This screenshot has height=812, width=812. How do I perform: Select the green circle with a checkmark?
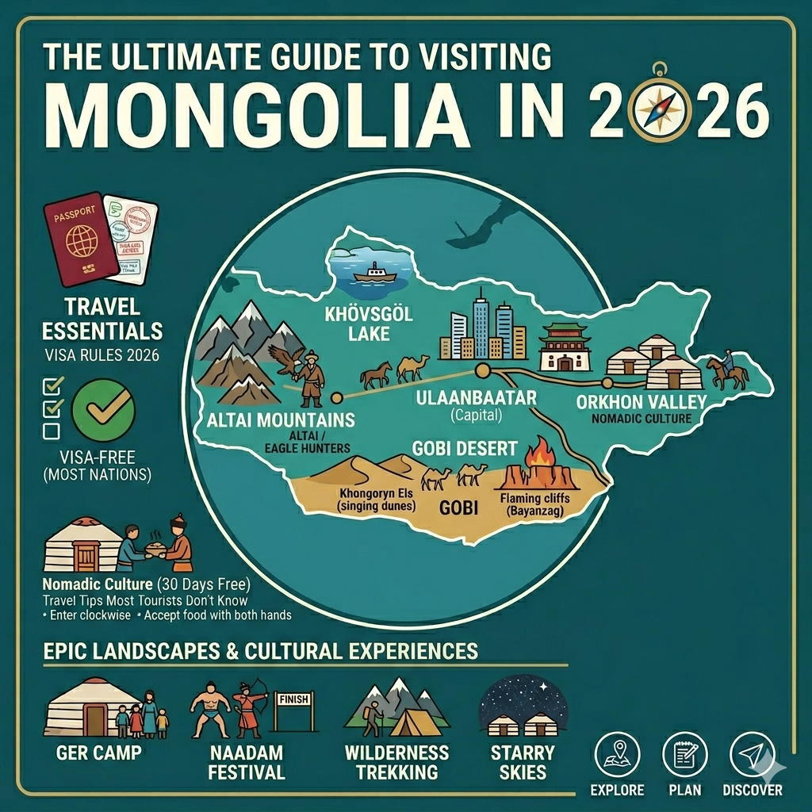pyautogui.click(x=103, y=410)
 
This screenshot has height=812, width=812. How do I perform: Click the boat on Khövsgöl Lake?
pyautogui.click(x=373, y=273)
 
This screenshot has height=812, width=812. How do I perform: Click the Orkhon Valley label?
pyautogui.click(x=634, y=401)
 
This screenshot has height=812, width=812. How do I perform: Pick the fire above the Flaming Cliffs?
pyautogui.click(x=542, y=455)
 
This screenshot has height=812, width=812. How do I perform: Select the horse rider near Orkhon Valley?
pyautogui.click(x=723, y=368)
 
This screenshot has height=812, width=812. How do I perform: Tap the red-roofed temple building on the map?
pyautogui.click(x=564, y=348)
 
